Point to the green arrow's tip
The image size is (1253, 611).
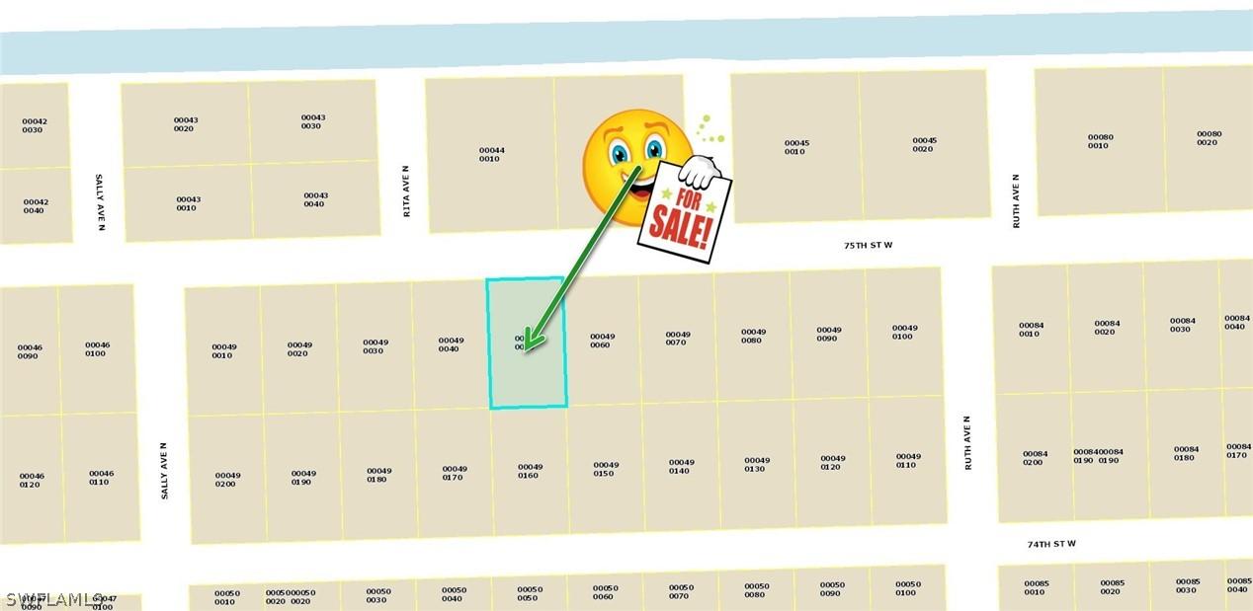[x=528, y=347]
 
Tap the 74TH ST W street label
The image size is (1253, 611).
[x=1050, y=544]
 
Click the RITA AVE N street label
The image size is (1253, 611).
[x=406, y=191]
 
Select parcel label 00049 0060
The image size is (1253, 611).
[x=603, y=341]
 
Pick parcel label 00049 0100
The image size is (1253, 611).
[x=904, y=332]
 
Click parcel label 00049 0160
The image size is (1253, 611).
[x=530, y=471]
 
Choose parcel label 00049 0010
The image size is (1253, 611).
[x=224, y=350]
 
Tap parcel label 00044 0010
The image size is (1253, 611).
[x=491, y=154]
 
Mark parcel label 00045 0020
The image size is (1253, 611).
[x=924, y=144]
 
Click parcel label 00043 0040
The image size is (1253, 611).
[x=315, y=199]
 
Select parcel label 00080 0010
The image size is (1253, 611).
[x=1100, y=141]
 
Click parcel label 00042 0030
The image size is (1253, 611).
[x=35, y=125]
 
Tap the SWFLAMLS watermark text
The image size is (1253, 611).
[x=55, y=598]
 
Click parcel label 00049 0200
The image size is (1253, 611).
[x=227, y=479]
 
